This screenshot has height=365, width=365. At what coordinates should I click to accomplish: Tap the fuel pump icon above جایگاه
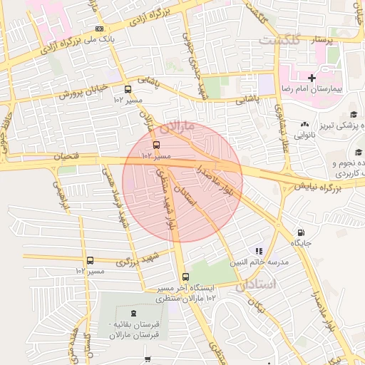[300, 232]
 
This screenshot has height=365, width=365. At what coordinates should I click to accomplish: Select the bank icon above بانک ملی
[98, 29]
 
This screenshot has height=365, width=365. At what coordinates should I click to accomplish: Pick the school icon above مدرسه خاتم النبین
[259, 251]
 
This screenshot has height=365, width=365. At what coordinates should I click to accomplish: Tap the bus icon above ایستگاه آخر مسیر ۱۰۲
[186, 277]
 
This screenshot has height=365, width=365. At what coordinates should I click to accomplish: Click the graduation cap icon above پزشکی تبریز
[353, 115]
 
